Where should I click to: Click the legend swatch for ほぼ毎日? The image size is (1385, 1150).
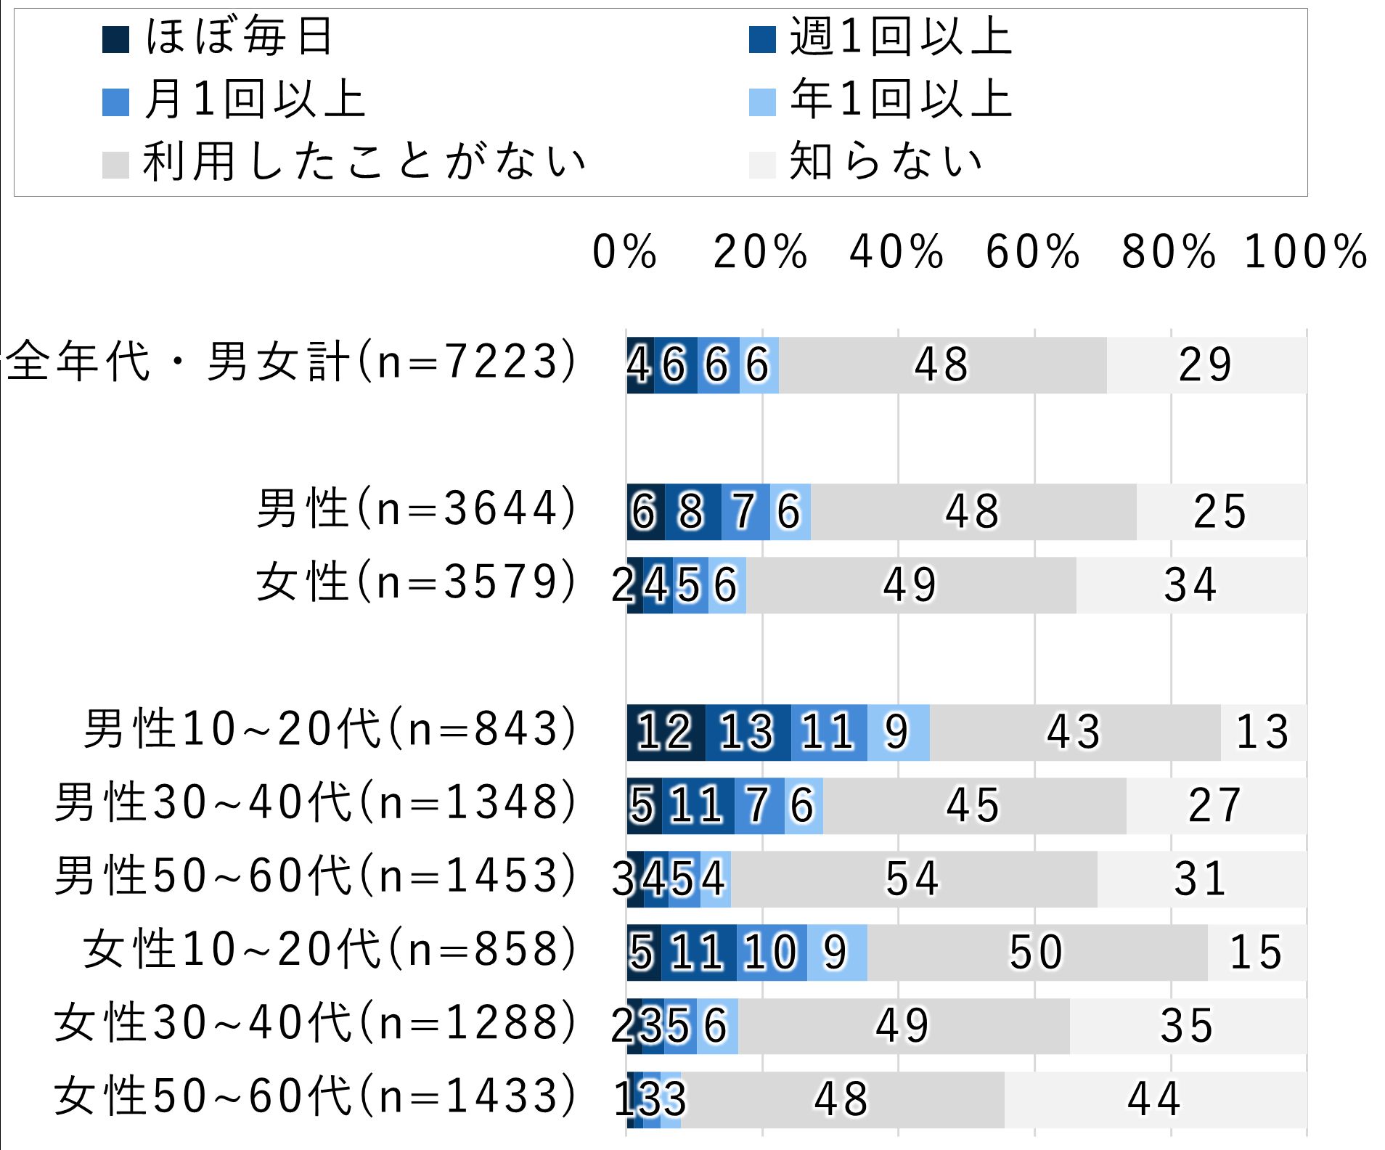[116, 40]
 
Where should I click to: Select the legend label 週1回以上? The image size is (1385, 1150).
[901, 36]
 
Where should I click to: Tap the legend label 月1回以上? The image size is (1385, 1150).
[255, 99]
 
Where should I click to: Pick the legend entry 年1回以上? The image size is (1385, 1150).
[901, 99]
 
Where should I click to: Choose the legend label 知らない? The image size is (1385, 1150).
[886, 161]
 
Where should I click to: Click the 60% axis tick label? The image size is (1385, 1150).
[1032, 252]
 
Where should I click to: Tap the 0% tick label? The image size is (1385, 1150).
[624, 252]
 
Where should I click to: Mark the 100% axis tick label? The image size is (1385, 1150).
[1305, 252]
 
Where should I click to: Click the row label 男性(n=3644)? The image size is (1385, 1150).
[417, 508]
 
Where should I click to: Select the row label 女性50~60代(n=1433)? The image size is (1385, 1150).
[315, 1096]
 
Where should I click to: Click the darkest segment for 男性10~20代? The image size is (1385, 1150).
[666, 732]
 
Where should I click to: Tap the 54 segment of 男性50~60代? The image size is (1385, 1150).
[913, 878]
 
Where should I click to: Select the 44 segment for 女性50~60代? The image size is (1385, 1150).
[1154, 1098]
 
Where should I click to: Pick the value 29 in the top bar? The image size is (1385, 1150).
[1206, 365]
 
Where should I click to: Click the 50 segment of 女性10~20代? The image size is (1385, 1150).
[1037, 952]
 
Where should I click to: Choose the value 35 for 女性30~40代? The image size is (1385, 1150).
[1188, 1026]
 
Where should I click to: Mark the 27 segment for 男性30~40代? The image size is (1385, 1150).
[1215, 805]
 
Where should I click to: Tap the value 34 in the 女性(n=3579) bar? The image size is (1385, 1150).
[1190, 585]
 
